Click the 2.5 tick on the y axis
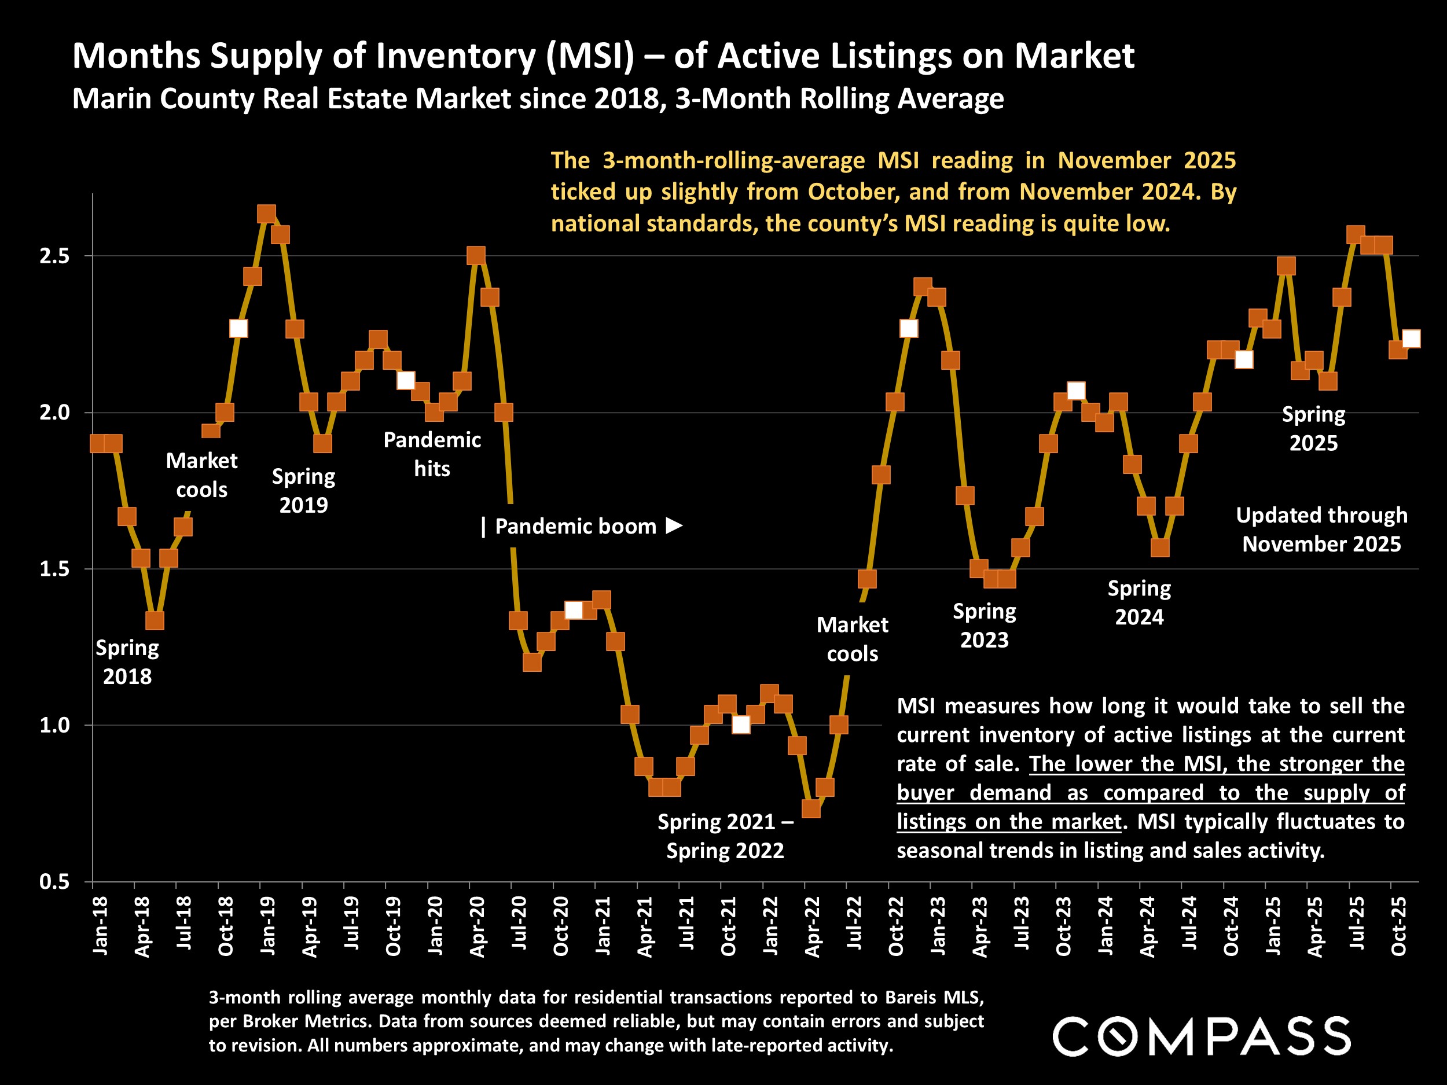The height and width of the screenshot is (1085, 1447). tap(54, 256)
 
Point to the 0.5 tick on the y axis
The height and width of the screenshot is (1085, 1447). tap(54, 882)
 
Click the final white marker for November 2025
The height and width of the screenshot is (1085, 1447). tap(1411, 339)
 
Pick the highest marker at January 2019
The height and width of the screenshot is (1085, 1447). tap(266, 214)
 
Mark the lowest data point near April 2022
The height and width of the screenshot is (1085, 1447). tap(811, 808)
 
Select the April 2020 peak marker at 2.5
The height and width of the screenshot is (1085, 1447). tap(476, 255)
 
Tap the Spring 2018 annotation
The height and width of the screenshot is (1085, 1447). tap(127, 662)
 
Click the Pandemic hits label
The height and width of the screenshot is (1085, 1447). tap(432, 454)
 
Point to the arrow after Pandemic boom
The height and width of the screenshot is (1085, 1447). tap(674, 526)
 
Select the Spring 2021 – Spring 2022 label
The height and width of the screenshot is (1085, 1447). tap(725, 836)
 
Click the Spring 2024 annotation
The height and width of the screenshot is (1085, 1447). tap(1139, 602)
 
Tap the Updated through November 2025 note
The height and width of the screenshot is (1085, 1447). tap(1321, 529)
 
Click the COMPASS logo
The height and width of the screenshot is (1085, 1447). tap(1201, 1036)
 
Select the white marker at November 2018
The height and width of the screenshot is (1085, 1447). tap(239, 328)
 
